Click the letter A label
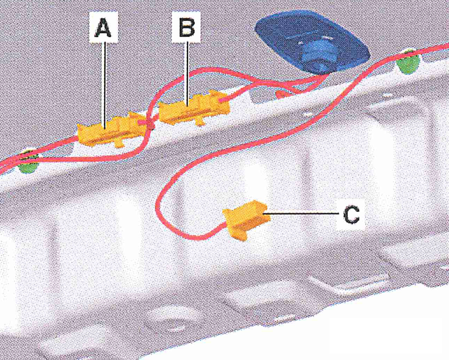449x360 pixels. point(103,27)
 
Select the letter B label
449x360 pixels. point(187,27)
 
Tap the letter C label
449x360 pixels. point(351,214)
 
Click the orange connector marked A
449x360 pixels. point(111,130)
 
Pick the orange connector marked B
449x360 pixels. point(194,108)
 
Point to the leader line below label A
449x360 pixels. point(105,86)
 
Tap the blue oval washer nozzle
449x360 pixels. point(312,43)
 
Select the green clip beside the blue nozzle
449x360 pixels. point(408,62)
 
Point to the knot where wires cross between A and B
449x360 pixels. point(150,124)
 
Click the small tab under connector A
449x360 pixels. point(118,143)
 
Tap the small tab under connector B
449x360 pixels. point(200,122)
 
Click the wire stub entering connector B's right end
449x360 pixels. point(225,100)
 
